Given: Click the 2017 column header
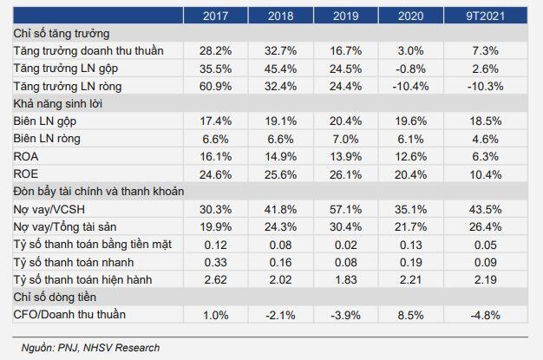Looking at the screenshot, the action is [215, 16].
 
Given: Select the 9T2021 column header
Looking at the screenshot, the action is [485, 16].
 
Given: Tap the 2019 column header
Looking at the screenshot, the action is [345, 16].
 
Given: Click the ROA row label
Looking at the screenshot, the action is [26, 157].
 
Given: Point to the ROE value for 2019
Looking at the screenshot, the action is [345, 174].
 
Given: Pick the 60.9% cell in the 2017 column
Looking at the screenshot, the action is [215, 86].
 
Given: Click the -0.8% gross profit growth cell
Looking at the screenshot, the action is [410, 69].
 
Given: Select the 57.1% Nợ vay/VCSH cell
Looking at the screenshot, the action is [345, 209].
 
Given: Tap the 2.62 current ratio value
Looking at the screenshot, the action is [215, 279].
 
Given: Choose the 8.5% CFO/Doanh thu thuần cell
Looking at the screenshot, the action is [410, 315].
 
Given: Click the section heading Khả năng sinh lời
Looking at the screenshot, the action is [58, 104].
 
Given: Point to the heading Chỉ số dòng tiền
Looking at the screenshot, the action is [55, 298].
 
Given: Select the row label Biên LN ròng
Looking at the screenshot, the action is [47, 139].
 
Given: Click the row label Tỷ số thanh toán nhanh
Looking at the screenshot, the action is [74, 262].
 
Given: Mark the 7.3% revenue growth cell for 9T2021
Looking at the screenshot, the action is [485, 51].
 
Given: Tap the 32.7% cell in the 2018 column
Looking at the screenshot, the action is [280, 51].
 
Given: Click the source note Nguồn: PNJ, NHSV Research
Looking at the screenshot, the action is [90, 348].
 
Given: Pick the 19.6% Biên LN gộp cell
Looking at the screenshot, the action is [410, 121].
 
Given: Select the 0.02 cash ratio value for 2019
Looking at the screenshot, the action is [345, 245].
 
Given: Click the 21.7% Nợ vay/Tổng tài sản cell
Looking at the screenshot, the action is [410, 227].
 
